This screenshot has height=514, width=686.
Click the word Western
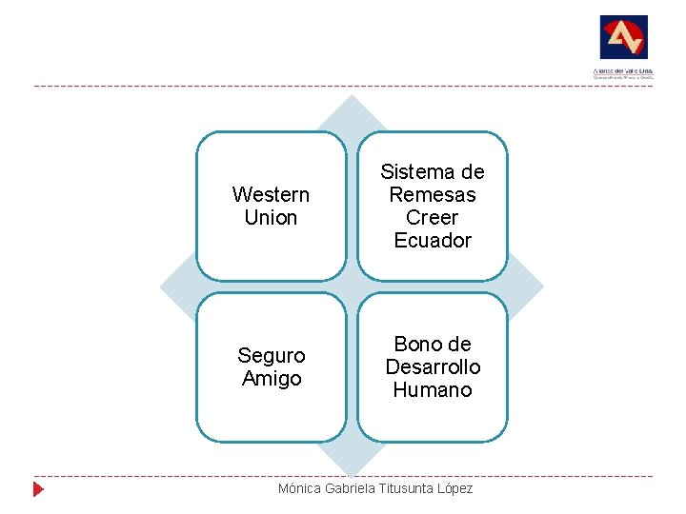tap(271, 195)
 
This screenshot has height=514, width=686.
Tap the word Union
tap(271, 218)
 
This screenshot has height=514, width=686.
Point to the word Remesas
tap(433, 195)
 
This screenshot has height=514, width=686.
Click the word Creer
tap(433, 218)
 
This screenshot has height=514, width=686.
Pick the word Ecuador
tap(433, 241)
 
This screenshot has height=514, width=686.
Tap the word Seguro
tap(271, 356)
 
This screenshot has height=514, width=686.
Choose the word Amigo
tap(271, 379)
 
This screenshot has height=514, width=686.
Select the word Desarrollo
tap(433, 367)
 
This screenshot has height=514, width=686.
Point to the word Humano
tap(433, 390)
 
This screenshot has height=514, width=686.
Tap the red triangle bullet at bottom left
tap(38, 489)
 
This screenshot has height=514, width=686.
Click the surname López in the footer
tap(455, 488)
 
